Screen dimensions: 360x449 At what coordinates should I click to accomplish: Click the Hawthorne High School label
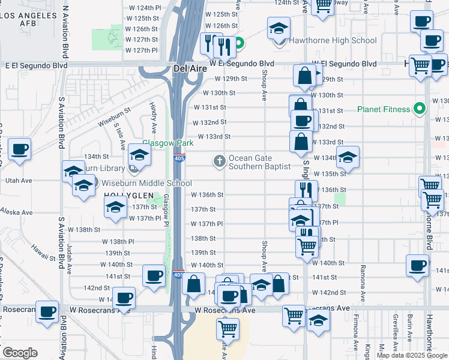point(333,41)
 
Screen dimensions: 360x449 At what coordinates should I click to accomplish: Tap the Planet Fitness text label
point(383,109)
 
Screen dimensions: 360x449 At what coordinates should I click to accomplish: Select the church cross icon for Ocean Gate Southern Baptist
point(220,161)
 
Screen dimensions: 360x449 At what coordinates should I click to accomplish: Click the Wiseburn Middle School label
point(136,183)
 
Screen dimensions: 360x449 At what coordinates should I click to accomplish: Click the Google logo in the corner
point(20,352)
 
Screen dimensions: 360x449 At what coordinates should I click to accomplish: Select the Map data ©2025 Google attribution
point(411,355)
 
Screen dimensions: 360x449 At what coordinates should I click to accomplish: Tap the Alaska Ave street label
point(16,212)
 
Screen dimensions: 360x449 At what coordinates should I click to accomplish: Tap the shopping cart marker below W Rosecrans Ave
point(228,328)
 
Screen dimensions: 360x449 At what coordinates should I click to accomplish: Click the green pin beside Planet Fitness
point(420,109)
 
